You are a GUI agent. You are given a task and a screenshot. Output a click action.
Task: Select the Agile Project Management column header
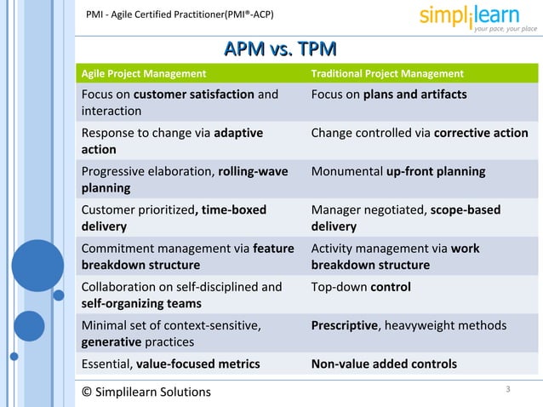(x=143, y=74)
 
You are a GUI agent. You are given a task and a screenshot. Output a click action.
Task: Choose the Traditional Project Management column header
(x=387, y=74)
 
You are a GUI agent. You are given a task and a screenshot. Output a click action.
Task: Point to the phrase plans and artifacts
(x=414, y=95)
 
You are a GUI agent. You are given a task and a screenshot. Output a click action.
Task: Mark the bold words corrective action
(x=481, y=134)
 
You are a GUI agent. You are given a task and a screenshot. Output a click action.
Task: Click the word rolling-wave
(x=253, y=172)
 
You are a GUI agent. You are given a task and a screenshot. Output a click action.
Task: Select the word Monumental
(x=346, y=172)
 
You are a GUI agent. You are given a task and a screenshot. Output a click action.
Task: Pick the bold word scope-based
(x=466, y=210)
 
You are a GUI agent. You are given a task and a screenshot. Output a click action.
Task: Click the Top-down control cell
(x=361, y=287)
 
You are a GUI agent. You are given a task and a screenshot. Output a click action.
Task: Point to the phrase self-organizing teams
(x=141, y=304)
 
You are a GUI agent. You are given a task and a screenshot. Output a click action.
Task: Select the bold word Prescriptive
(x=344, y=325)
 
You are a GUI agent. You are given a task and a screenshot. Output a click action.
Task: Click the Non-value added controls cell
(x=384, y=364)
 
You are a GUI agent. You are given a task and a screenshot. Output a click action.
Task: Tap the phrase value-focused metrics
(x=197, y=364)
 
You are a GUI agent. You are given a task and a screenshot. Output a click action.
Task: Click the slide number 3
(x=507, y=390)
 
